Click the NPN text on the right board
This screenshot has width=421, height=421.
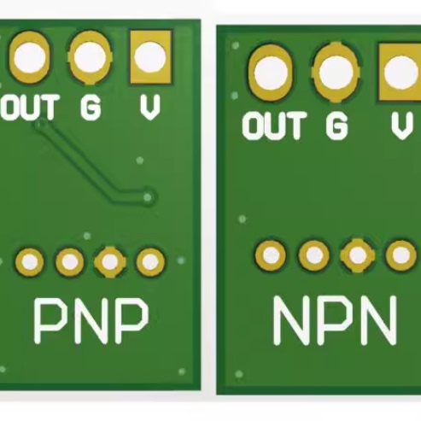point(335,321)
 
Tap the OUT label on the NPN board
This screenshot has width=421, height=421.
point(273,126)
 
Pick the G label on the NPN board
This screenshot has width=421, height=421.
point(336,126)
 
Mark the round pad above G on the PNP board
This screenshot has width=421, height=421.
point(90,56)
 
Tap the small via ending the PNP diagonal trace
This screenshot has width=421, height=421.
point(149,197)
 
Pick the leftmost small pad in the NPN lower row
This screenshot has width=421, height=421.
point(272,254)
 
